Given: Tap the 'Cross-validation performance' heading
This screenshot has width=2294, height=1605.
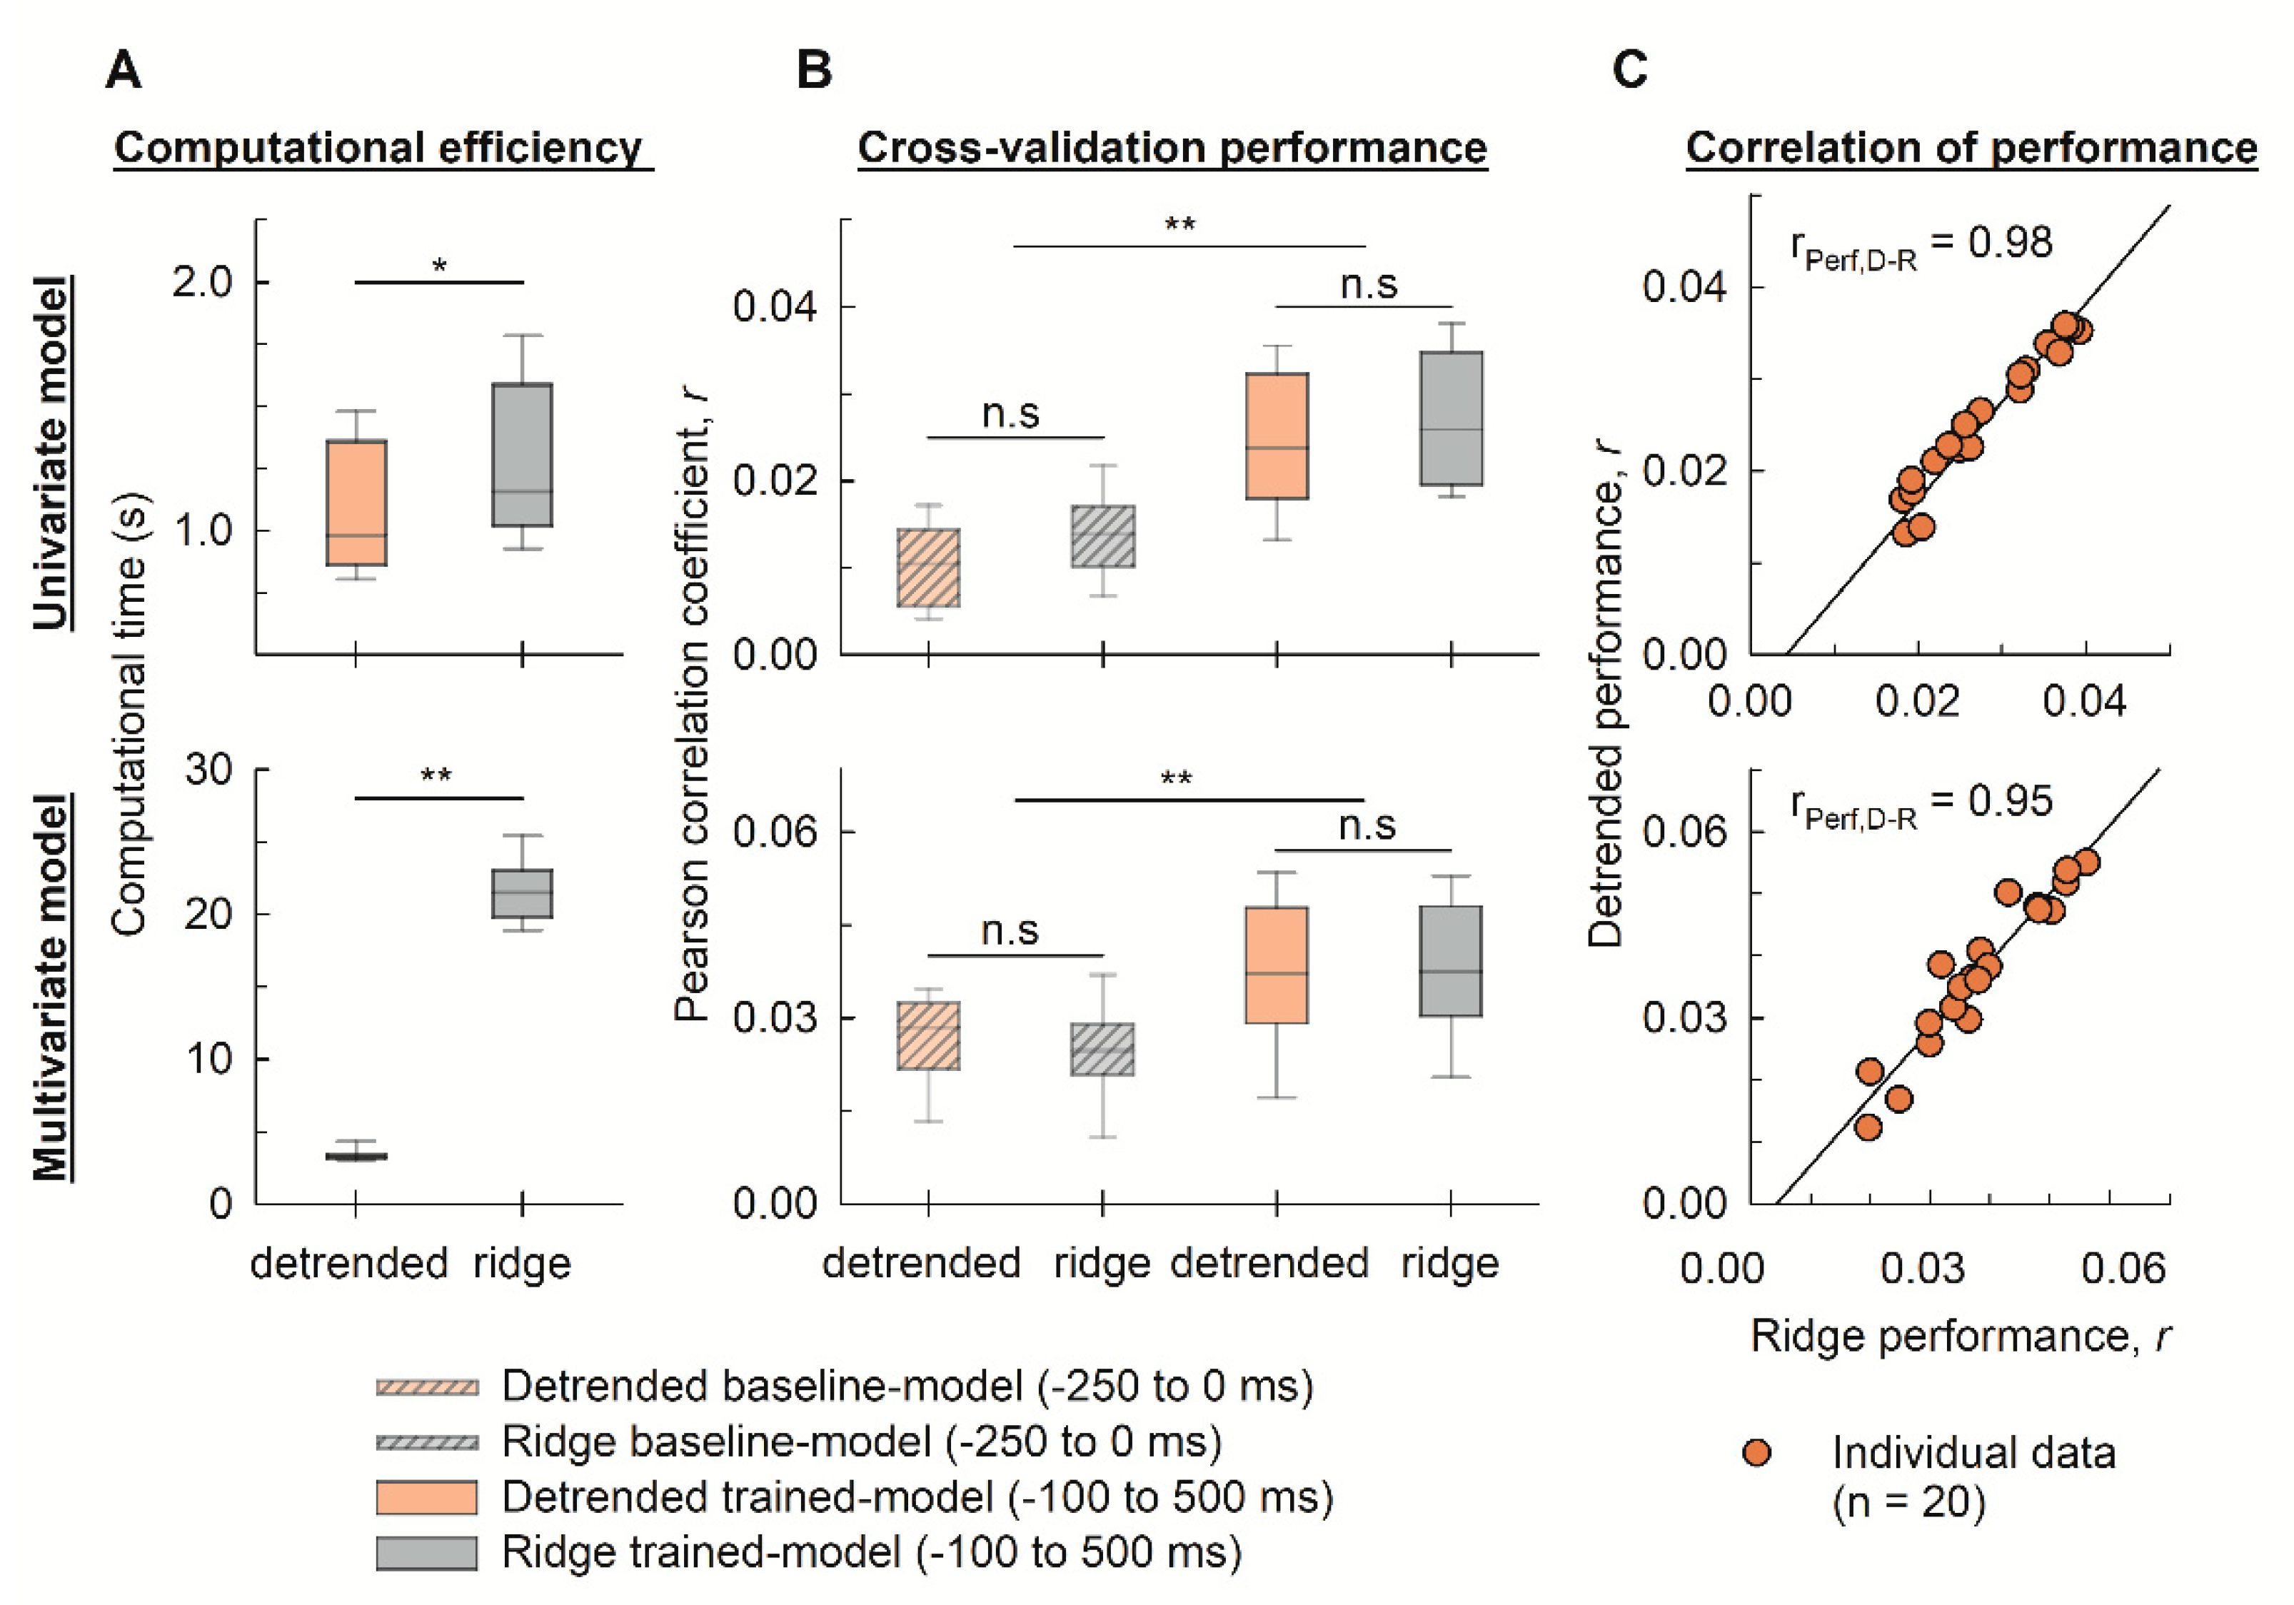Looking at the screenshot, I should pos(1172,148).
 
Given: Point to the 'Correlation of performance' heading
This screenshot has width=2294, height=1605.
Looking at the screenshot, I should pos(1971,148).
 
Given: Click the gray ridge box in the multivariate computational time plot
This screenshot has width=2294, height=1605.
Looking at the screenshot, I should pos(521,893).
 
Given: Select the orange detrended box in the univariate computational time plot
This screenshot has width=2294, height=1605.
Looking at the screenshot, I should pos(357,503).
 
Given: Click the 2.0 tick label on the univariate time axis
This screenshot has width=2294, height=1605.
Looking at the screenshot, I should pos(202,283).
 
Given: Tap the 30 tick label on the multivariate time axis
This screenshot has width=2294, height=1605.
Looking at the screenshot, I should pos(208,770).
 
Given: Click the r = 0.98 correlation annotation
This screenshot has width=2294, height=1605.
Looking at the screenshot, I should pos(1921,245).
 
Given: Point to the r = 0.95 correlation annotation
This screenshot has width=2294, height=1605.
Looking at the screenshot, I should pos(1921,803).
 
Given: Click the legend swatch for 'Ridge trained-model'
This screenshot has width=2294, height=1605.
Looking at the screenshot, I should pos(427,1553).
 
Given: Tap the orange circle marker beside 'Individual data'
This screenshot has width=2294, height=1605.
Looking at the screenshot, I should pos(1756,1452).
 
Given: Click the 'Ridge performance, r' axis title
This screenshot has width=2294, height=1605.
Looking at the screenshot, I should pos(1961,1336).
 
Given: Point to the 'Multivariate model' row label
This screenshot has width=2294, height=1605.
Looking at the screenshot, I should pos(52,987).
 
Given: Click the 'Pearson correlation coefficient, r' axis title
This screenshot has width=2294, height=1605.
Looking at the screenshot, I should pos(691,705).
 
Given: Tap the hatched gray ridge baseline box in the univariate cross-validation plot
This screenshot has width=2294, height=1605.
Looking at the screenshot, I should pos(1103,537).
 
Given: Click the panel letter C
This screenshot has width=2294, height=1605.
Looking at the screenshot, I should pos(1629,70).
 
